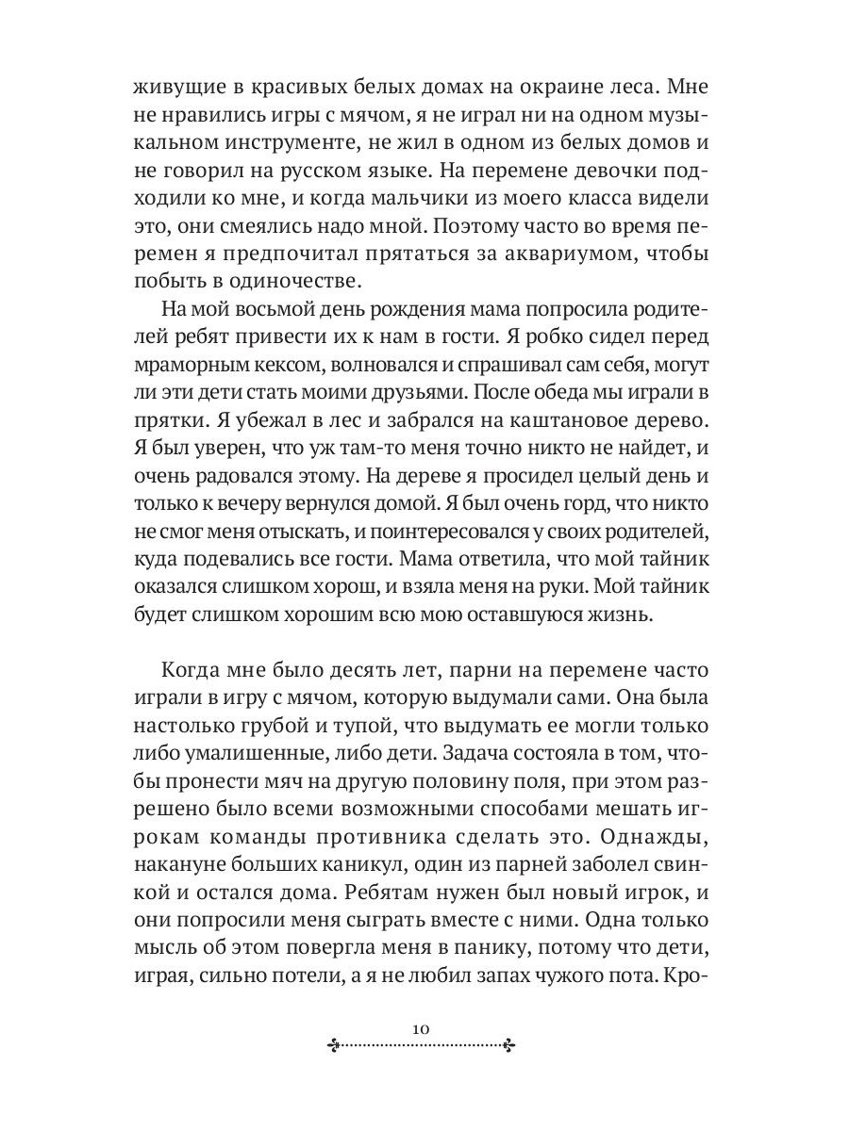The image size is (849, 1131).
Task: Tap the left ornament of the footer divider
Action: (334, 1043)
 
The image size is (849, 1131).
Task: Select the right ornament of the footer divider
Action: (509, 1043)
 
